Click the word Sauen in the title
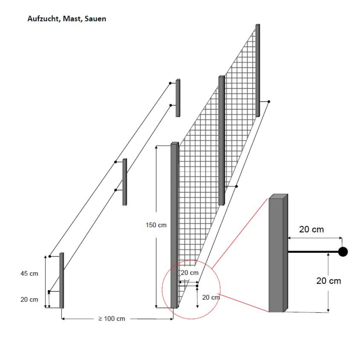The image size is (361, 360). point(95,19)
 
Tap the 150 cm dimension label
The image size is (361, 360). point(156,225)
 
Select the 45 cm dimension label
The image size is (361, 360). point(29,273)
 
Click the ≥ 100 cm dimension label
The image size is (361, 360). point(112,319)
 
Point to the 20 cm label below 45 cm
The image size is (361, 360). point(29,299)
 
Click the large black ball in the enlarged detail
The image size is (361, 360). point(343,252)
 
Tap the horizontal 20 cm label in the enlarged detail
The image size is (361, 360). point(311,229)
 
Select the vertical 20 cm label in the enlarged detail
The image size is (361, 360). point(329,281)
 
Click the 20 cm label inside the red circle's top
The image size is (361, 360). point(190,273)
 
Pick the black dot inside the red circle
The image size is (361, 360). point(197,286)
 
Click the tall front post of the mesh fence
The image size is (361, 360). point(174,224)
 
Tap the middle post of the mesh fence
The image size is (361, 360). point(221,140)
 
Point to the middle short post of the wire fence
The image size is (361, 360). point(125,182)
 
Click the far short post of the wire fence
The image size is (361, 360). point(178,98)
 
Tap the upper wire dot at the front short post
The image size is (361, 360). point(50,256)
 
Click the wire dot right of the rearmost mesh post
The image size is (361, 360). point(269,102)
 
